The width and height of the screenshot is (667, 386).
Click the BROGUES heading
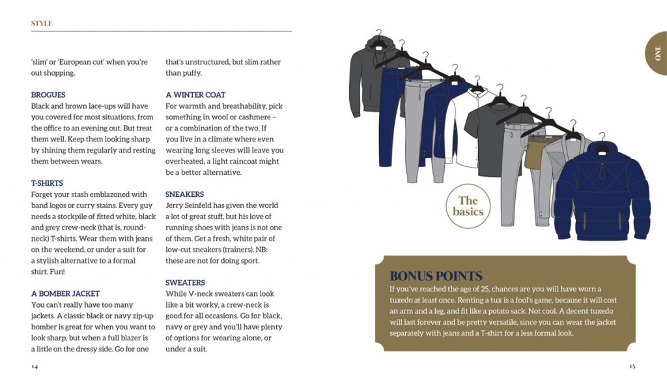click(x=48, y=95)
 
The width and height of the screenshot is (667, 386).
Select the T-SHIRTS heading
click(x=47, y=183)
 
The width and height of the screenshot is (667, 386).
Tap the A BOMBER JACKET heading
click(x=65, y=293)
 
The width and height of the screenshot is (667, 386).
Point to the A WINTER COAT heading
click(x=195, y=95)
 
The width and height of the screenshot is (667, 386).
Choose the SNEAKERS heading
click(x=184, y=194)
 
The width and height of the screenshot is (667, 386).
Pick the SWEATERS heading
click(x=185, y=282)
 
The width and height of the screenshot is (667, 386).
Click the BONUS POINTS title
click(x=436, y=276)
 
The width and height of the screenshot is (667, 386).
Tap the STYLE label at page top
click(x=42, y=23)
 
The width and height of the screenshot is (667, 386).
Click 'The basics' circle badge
click(x=468, y=206)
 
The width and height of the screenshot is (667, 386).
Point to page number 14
click(x=35, y=366)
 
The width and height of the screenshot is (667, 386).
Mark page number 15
click(x=632, y=366)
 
